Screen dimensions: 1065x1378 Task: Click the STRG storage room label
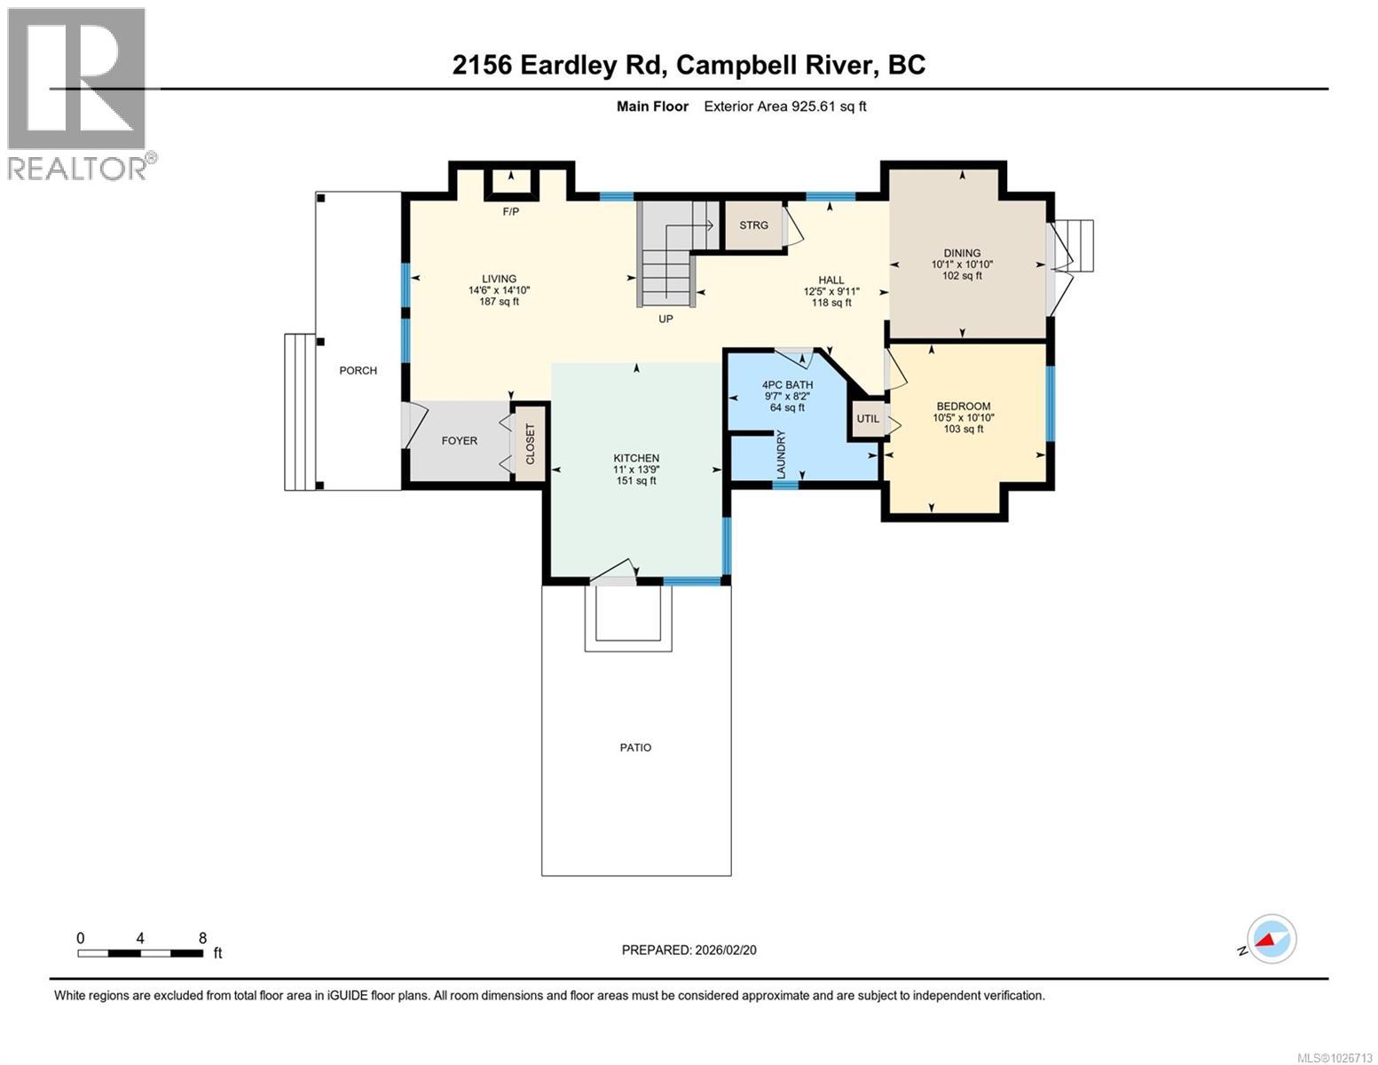coord(753,225)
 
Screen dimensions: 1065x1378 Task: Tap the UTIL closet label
coord(867,419)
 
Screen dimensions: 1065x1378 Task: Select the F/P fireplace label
coord(510,212)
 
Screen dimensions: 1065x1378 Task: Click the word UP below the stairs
coord(665,319)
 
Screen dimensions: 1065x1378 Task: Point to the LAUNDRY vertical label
coord(782,454)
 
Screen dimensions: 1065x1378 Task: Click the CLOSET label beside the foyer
coord(531,444)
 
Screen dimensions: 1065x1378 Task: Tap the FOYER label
coord(460,441)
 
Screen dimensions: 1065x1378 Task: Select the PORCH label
coord(358,371)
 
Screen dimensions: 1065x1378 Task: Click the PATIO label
coord(635,748)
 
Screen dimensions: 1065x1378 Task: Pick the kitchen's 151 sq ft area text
coord(636,481)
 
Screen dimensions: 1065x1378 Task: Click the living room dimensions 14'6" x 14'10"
coord(499,290)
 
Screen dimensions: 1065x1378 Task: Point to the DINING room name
coord(962,253)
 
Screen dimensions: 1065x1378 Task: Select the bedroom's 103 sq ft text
coord(962,430)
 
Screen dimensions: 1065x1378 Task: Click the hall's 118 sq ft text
coord(831,303)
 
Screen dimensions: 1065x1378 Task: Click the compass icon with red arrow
coord(1272,939)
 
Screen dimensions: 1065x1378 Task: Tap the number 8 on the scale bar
coord(202,938)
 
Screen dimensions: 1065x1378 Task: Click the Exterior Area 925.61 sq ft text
coord(784,106)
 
